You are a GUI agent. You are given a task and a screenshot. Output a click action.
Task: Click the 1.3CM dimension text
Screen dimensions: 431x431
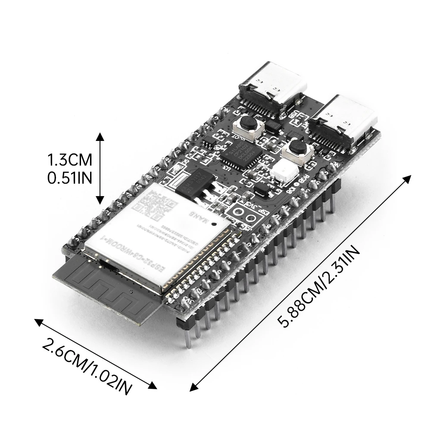tap(70, 161)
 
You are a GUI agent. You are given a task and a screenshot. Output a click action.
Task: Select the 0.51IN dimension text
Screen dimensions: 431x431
tap(69, 178)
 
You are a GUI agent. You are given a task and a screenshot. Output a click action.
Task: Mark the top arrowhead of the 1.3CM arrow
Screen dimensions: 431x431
tap(100, 134)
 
